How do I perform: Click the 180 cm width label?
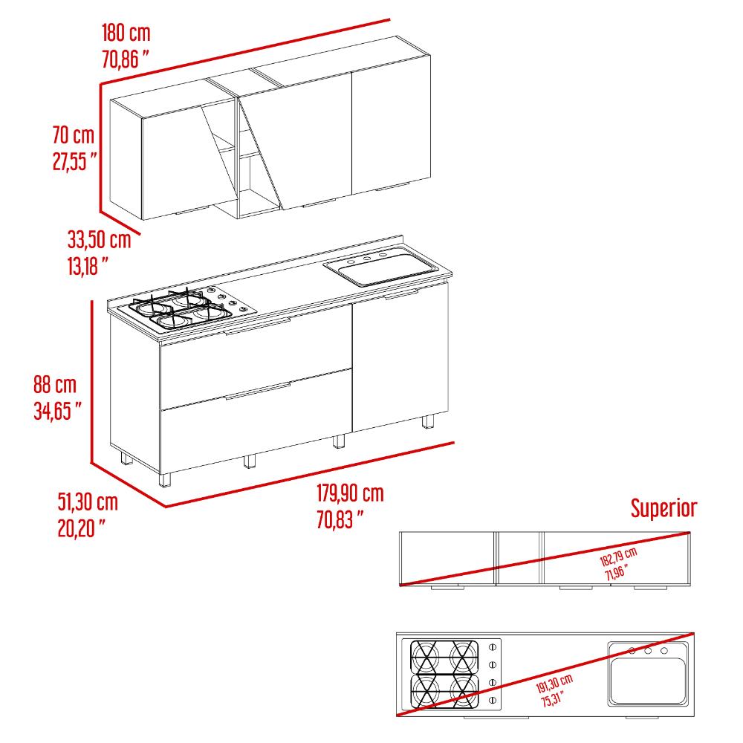[126, 33]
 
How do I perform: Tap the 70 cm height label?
[74, 135]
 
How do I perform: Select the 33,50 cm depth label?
[99, 239]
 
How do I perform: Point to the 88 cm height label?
[54, 384]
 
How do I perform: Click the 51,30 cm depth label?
[88, 502]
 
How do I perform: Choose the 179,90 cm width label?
[350, 493]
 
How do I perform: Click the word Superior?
[663, 508]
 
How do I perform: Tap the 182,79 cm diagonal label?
[618, 557]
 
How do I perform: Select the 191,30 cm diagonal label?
[554, 684]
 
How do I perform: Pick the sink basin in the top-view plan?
[648, 681]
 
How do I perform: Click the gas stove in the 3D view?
[186, 308]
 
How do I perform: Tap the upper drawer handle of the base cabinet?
[257, 327]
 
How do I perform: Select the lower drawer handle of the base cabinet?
[257, 392]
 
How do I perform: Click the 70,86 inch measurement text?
[126, 59]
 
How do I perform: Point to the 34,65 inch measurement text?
[57, 411]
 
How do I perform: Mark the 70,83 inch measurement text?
[340, 520]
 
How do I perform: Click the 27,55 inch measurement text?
[75, 161]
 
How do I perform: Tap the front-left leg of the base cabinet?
[164, 479]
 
